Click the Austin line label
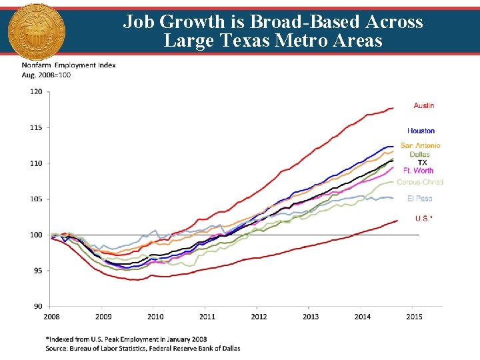click(x=423, y=105)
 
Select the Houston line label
click(x=421, y=131)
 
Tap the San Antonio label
click(x=420, y=145)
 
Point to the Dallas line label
click(x=420, y=155)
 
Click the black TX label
click(x=422, y=163)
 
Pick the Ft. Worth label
click(x=418, y=171)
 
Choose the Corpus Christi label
click(x=420, y=182)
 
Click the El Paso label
click(x=420, y=199)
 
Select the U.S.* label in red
click(x=423, y=218)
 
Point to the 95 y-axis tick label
click(x=38, y=271)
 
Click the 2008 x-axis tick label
click(x=51, y=317)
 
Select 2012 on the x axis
click(x=259, y=317)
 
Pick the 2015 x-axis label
click(x=414, y=317)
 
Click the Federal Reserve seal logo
click(x=33, y=31)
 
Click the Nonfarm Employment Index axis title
click(x=69, y=65)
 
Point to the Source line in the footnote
click(x=143, y=348)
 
